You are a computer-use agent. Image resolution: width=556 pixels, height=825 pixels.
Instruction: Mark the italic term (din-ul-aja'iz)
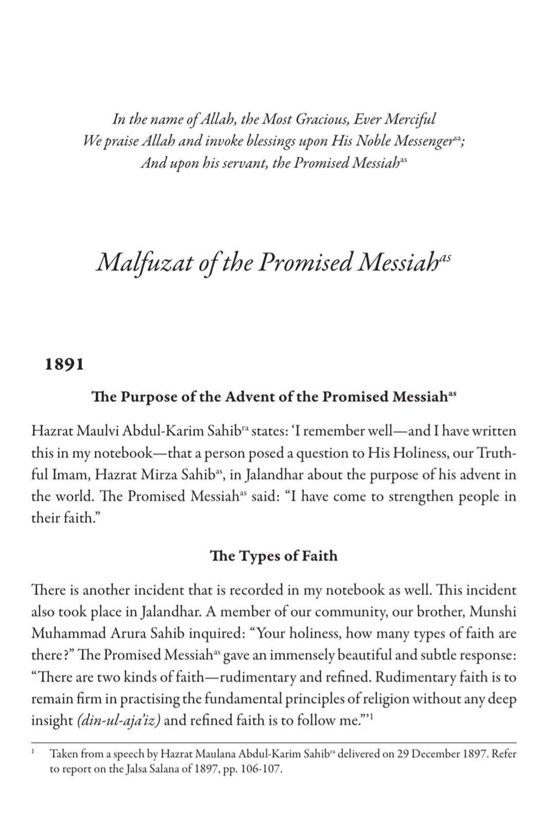point(118,720)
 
